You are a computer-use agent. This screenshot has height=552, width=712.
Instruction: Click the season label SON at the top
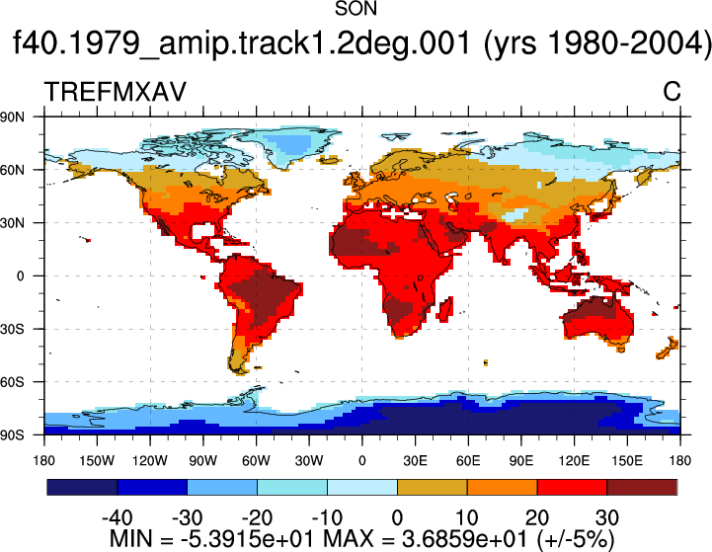point(356,9)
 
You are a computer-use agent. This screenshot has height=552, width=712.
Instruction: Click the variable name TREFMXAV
point(116,92)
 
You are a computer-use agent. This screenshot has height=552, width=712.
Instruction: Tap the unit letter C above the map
point(672,92)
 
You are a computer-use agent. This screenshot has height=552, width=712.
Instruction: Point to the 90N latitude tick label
point(12,118)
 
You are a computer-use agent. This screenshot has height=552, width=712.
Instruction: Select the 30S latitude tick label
point(12,329)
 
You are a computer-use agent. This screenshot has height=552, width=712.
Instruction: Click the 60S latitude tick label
point(12,382)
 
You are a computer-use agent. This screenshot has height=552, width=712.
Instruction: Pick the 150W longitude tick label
point(97,461)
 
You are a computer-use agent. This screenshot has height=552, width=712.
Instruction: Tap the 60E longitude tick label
point(468,461)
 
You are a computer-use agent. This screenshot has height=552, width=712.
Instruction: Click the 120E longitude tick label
point(575,461)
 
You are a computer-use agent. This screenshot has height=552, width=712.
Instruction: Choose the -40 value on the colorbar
point(118,517)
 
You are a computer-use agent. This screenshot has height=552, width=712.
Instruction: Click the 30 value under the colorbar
point(607,517)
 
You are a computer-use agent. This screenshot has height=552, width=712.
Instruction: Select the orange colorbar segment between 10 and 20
point(503,487)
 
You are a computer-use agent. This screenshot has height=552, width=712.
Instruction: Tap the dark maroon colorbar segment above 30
point(642,487)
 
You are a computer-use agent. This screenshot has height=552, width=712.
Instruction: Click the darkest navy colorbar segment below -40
point(82,487)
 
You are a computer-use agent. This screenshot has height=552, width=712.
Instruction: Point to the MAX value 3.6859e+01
point(464,539)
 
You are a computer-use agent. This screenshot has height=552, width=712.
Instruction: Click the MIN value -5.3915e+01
point(248,539)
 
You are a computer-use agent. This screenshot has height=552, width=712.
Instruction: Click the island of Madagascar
point(445,309)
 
